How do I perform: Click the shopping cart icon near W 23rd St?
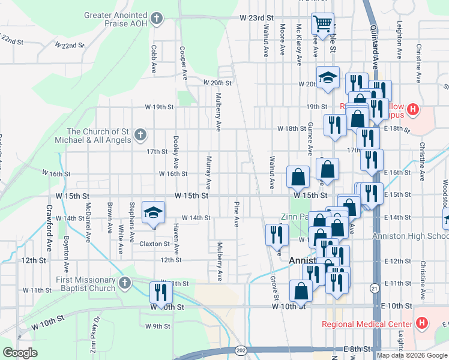point(323,24)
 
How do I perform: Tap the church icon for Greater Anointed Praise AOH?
point(157,19)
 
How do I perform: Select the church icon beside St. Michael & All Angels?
point(140,134)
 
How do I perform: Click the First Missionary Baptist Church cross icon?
point(124,283)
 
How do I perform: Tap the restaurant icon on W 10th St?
point(161,292)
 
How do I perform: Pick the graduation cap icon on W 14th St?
point(153,212)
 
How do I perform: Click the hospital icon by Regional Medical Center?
point(422,323)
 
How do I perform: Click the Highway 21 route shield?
point(375,289)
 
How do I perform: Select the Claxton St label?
point(155,244)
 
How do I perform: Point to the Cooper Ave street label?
point(180,58)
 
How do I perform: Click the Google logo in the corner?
point(20,353)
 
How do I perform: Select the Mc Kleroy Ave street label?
point(298,46)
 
